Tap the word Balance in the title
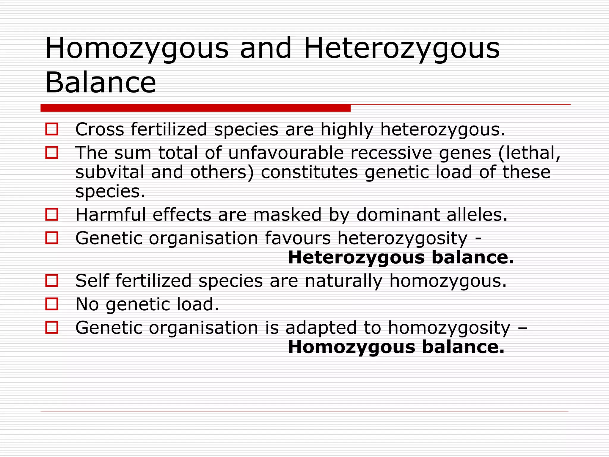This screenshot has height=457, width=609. (x=101, y=82)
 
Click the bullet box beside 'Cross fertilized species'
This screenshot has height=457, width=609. (x=52, y=129)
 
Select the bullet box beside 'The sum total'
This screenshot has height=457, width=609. (x=52, y=153)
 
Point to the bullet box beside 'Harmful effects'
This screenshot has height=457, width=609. (x=52, y=214)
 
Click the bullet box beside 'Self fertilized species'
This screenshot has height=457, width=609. (x=52, y=280)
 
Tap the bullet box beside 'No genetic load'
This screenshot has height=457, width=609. (x=52, y=304)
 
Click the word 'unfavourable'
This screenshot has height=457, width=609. (x=286, y=153)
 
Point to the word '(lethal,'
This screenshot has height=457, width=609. (x=530, y=153)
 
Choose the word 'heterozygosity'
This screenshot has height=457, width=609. (x=402, y=239)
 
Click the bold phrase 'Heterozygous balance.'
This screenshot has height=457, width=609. (x=401, y=257)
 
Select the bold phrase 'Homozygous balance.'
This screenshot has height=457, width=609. (x=396, y=347)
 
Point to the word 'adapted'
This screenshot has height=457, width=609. (x=321, y=328)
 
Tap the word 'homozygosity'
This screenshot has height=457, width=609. (x=449, y=328)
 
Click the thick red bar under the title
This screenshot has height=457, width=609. (x=195, y=108)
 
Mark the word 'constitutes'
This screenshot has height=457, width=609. (x=309, y=172)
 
